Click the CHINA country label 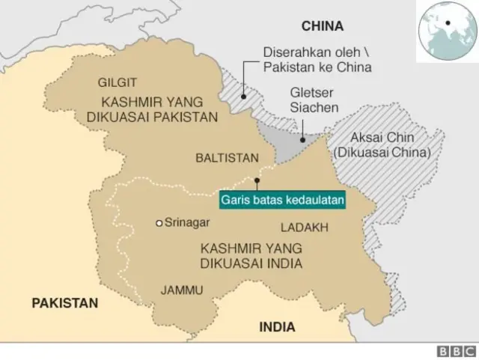click(x=322, y=26)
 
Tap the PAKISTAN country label click(x=64, y=303)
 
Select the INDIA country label click(x=277, y=327)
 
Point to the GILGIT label click(x=117, y=82)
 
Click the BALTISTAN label click(x=227, y=158)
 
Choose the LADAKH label click(x=304, y=226)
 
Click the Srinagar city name click(x=187, y=222)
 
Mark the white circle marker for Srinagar click(x=159, y=223)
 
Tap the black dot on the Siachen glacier click(x=302, y=138)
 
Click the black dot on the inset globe click(x=448, y=22)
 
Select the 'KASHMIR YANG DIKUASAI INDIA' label click(x=251, y=254)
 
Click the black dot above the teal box click(x=257, y=180)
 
